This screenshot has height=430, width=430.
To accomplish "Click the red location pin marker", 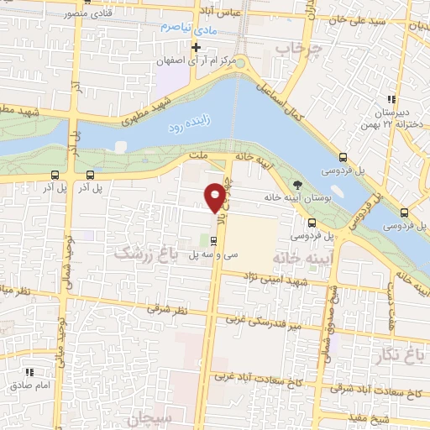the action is coord(214,196).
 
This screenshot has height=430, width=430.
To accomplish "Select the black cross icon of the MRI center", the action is coord(196,46).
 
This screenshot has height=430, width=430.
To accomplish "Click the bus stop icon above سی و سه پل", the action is coord(212,239).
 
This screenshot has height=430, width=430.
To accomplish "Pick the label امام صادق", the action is coord(31,386).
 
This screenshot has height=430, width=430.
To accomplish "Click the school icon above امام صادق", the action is coord(29,371).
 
